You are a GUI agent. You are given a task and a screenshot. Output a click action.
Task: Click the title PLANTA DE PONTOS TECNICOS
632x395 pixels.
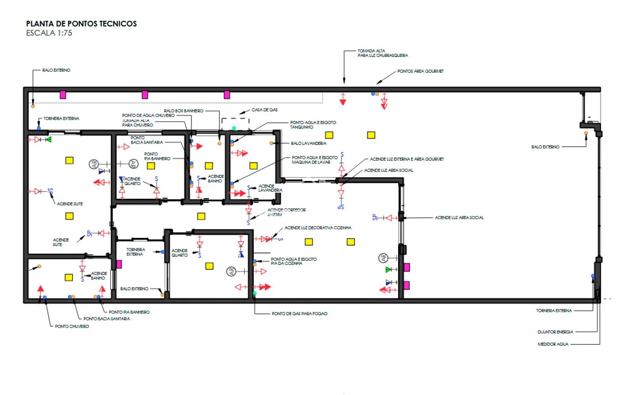click(x=81, y=24)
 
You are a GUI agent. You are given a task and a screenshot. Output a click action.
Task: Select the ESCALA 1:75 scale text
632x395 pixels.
click(x=49, y=33)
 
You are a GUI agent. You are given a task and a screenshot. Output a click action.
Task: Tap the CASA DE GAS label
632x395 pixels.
click(x=265, y=110)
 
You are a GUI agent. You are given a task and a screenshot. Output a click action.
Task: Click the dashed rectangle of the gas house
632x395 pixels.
click(x=235, y=124)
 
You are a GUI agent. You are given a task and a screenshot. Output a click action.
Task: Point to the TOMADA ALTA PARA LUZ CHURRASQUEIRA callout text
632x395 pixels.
click(x=382, y=53)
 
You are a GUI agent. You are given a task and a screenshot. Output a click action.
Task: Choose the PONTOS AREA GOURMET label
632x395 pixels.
click(x=420, y=71)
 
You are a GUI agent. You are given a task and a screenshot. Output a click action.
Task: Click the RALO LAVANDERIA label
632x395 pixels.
click(x=308, y=143)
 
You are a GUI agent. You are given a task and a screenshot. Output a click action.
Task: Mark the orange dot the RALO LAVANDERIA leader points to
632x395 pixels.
click(x=271, y=143)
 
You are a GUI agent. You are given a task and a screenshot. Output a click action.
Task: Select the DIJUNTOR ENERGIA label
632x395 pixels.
click(x=555, y=332)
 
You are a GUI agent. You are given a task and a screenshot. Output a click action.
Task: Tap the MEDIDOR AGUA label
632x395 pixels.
click(x=553, y=344)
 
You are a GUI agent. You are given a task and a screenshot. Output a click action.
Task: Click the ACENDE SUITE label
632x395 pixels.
click(x=70, y=204)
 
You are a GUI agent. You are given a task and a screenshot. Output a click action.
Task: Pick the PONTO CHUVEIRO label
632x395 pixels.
click(x=72, y=326)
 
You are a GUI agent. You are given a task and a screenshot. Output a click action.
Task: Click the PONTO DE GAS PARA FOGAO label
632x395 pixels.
click(x=299, y=313)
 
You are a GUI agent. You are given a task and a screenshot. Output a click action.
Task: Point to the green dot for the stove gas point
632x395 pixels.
click(x=255, y=293)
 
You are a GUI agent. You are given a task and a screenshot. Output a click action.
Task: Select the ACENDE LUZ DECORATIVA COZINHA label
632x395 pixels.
click(x=318, y=228)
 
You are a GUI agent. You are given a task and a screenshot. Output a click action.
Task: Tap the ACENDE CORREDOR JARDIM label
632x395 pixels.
click(x=286, y=212)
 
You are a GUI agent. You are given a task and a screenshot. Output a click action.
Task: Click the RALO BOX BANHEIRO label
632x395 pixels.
click(x=183, y=111)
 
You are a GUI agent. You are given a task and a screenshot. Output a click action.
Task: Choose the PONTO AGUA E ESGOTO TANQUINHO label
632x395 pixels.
click(x=313, y=125)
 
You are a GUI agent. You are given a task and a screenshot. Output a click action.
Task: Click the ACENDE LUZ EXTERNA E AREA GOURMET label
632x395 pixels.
click(x=407, y=159)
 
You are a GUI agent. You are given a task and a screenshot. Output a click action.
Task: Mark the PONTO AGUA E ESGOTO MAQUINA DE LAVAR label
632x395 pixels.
click(x=314, y=160)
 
